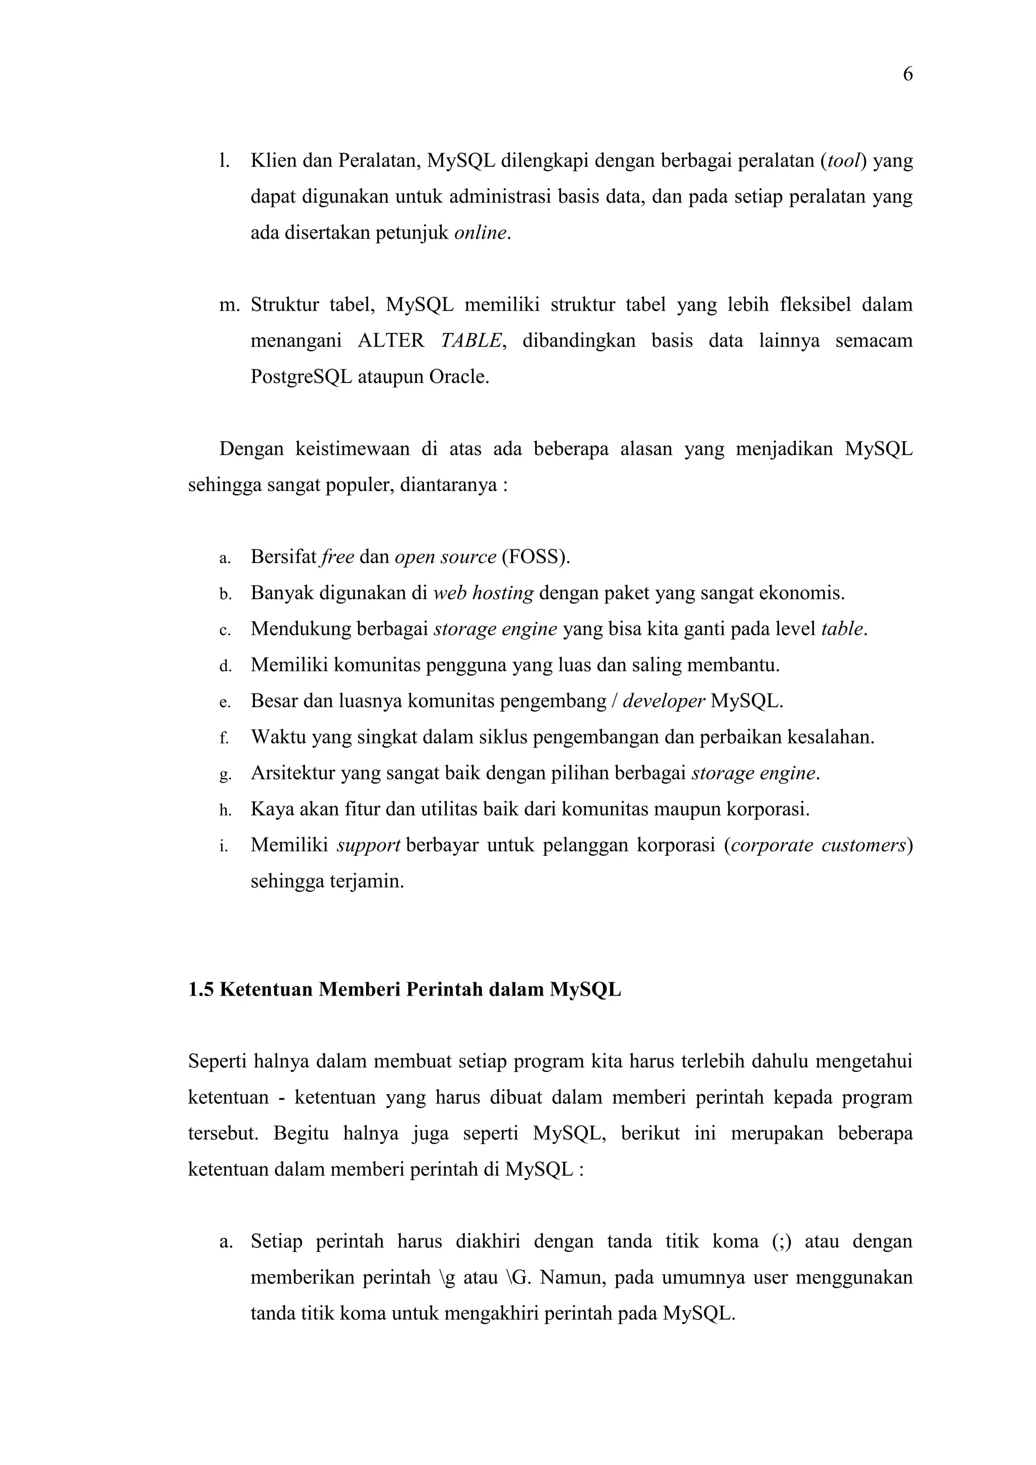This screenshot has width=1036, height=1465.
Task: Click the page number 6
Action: (x=907, y=75)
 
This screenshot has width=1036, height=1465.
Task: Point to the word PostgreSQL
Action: (x=301, y=377)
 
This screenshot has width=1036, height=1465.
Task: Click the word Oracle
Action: (x=458, y=377)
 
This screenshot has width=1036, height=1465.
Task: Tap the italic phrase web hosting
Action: (x=483, y=593)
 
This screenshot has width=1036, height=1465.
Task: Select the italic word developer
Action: (x=664, y=701)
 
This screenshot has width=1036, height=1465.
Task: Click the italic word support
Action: (x=368, y=845)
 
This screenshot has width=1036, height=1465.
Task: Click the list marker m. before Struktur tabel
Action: (x=228, y=305)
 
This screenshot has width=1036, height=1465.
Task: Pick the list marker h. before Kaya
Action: (x=225, y=810)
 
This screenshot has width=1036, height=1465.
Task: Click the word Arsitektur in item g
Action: (x=293, y=773)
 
